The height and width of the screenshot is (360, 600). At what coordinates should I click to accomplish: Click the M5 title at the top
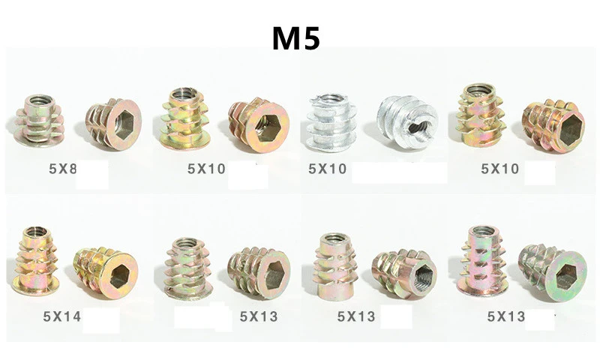coord(295,38)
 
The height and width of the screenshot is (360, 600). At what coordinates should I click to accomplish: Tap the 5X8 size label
coord(63,169)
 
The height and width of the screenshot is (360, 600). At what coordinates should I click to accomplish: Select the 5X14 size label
coord(62,316)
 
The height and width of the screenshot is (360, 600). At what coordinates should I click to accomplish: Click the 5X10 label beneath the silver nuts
coord(328,169)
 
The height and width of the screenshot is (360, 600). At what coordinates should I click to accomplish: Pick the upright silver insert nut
coord(331,122)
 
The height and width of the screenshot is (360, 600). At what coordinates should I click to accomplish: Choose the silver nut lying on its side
coord(408,122)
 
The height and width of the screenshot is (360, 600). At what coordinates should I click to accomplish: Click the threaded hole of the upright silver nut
coord(331,99)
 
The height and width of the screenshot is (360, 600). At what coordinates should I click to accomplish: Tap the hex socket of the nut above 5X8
coord(124,125)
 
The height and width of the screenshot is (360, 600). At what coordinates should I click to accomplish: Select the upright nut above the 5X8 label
coord(39,121)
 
